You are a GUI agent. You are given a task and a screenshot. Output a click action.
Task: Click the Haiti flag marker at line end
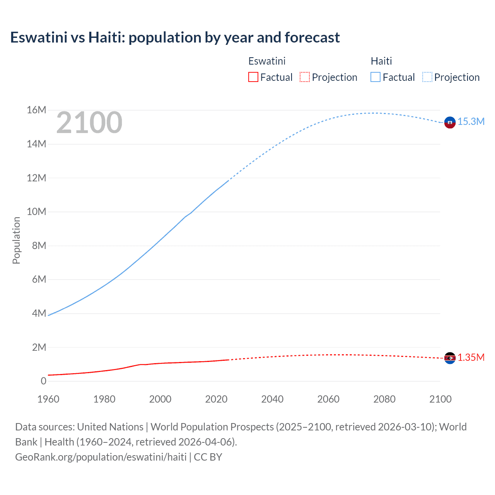pos(450,122)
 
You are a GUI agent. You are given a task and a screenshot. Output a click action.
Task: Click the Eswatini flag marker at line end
pos(450,358)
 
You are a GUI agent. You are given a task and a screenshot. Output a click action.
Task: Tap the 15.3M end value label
pos(471,121)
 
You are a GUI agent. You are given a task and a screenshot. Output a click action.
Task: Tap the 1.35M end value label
pos(471,357)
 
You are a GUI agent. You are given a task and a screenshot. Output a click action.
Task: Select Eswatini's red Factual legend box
pos(253,77)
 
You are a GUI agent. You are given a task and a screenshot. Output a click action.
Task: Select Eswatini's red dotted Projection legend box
pos(305,77)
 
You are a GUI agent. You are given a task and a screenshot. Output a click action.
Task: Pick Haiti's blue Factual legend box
pos(376,77)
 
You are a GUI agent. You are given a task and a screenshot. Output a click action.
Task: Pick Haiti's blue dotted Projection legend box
pos(427,77)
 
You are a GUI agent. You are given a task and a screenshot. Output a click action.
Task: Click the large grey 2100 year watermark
pos(89,123)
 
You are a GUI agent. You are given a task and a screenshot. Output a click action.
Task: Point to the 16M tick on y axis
pos(37,110)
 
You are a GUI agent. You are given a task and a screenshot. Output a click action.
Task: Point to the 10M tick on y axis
pos(37,212)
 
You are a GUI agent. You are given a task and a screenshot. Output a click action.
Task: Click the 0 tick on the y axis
pos(43,381)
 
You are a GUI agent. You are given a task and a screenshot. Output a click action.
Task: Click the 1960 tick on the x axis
pos(48,399)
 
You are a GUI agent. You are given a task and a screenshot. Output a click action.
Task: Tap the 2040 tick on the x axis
pos(272,399)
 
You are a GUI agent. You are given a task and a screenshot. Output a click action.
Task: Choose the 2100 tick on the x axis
pos(440,399)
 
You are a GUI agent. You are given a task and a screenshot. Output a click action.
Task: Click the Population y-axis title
pos(16,240)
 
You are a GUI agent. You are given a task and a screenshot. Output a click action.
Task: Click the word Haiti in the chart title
pos(107,38)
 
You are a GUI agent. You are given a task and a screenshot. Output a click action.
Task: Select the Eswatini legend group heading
pos(267,61)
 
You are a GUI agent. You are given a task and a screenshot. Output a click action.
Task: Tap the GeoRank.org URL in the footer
pos(101,457)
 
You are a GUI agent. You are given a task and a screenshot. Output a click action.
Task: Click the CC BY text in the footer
pos(208,457)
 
